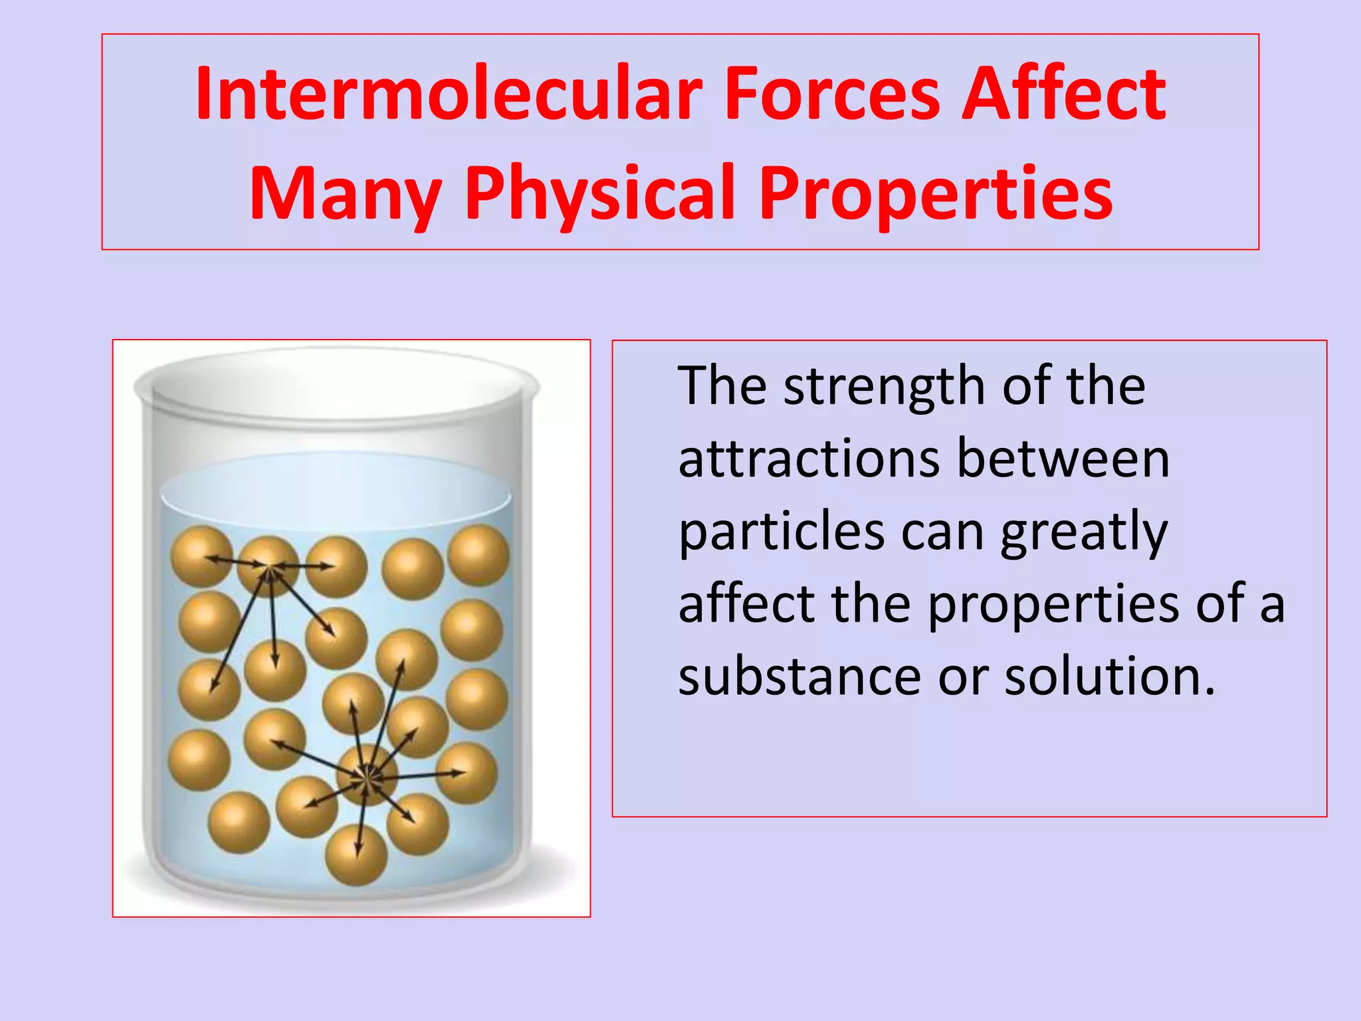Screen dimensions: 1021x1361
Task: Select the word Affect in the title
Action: pos(1063,94)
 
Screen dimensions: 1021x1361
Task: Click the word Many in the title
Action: pos(346,194)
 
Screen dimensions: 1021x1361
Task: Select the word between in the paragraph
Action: pos(1063,460)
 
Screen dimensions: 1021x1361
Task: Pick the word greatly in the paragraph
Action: pos(1083,534)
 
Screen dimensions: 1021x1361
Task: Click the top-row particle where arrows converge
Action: pos(268,567)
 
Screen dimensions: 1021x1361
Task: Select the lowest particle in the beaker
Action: pos(357,854)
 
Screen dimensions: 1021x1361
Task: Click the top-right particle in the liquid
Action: pos(478,555)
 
